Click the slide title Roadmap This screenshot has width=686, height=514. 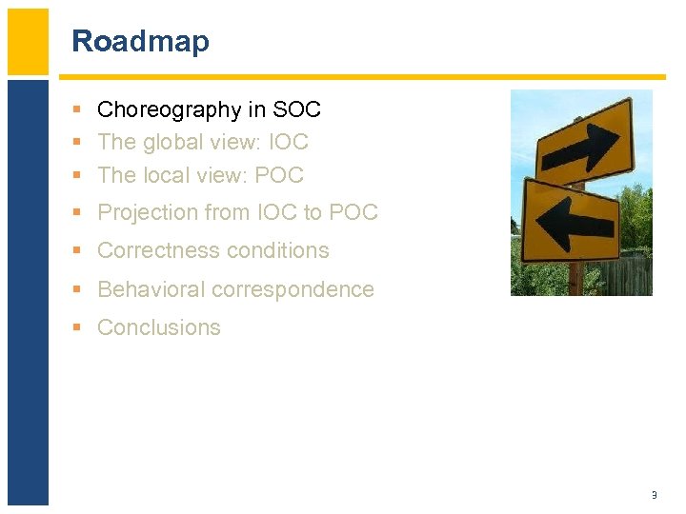pos(140,41)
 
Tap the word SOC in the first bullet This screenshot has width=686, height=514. pos(296,110)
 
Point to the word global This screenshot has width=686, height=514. pos(173,143)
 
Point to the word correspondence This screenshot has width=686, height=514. pos(297,289)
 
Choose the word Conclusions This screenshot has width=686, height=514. pos(159,327)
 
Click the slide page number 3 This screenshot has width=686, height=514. pos(654,495)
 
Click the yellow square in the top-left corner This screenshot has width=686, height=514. pos(28,41)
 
